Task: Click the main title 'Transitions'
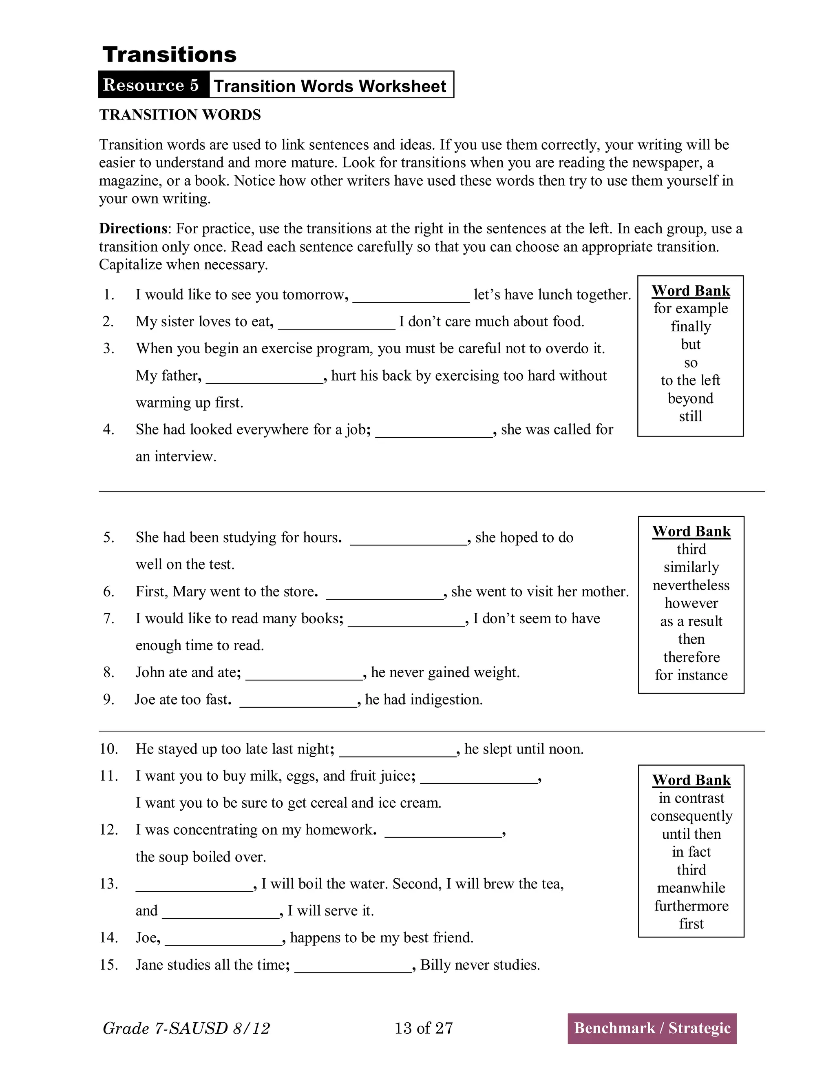tap(169, 54)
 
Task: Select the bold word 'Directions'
tap(133, 229)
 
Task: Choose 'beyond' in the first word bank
tap(690, 399)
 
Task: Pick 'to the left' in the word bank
tap(690, 380)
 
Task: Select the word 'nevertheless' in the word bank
tap(691, 585)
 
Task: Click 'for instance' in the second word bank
tap(691, 675)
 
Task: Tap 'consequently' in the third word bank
tap(691, 816)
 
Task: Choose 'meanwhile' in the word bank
tap(691, 888)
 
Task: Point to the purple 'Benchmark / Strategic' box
tap(652, 1028)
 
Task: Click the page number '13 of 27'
tap(424, 1028)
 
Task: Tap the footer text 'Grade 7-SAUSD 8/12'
tap(186, 1028)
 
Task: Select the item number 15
tap(108, 965)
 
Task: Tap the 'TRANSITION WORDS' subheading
tap(180, 115)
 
